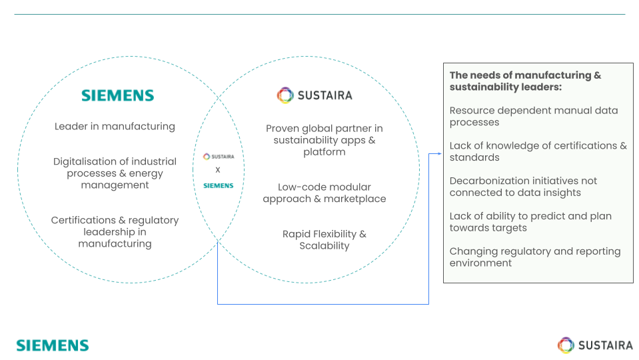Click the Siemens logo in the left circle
point(117,96)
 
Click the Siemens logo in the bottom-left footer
point(53,345)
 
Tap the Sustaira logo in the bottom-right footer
point(595,345)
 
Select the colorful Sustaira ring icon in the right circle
point(285,95)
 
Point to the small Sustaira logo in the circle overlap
point(218,157)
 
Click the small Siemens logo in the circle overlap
point(218,185)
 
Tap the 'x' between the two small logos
point(218,170)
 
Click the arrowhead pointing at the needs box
point(439,153)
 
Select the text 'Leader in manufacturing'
point(115,126)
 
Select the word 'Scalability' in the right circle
point(324,245)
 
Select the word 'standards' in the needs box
point(474,157)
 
